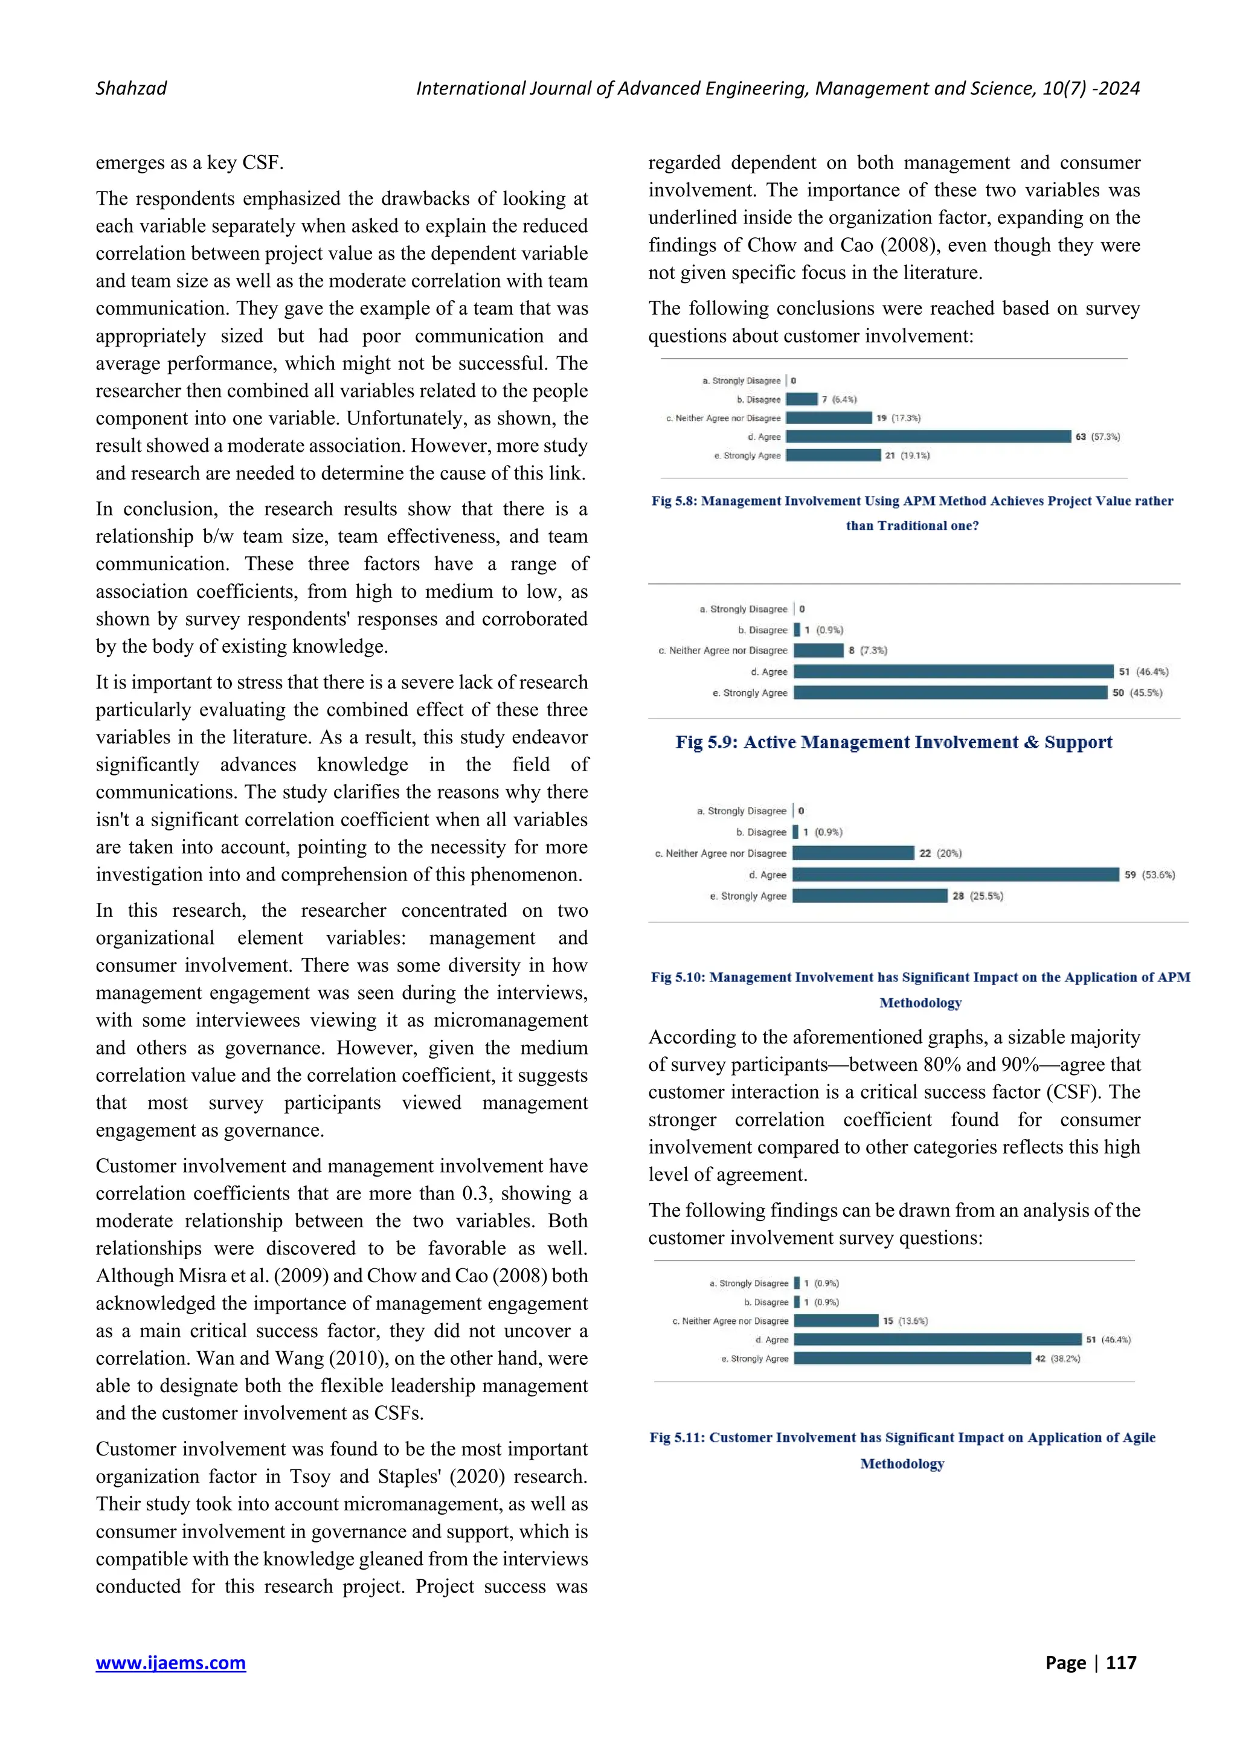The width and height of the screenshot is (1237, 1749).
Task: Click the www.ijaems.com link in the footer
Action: point(170,1662)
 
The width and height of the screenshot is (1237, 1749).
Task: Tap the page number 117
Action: point(1120,1662)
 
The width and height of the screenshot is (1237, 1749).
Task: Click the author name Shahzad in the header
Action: point(131,88)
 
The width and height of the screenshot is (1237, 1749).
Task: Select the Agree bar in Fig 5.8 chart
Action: point(928,437)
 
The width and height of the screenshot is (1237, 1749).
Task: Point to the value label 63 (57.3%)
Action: point(1097,437)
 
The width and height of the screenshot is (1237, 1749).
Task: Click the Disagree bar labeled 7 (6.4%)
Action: point(802,399)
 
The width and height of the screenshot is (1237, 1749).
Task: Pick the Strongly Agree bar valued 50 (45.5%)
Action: point(950,693)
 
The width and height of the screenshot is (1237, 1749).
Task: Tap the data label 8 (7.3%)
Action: point(867,650)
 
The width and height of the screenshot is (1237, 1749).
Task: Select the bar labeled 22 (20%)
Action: point(853,853)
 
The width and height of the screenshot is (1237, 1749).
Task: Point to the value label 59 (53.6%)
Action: point(1149,874)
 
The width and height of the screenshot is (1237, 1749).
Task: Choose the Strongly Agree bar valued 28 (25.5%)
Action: point(869,896)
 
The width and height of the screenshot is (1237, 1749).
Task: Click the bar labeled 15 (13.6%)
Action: point(835,1321)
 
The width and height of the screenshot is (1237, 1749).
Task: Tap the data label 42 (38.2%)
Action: point(1057,1358)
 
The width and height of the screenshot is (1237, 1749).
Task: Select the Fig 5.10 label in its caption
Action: point(678,977)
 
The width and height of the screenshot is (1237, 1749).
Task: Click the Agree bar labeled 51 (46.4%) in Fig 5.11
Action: point(937,1339)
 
